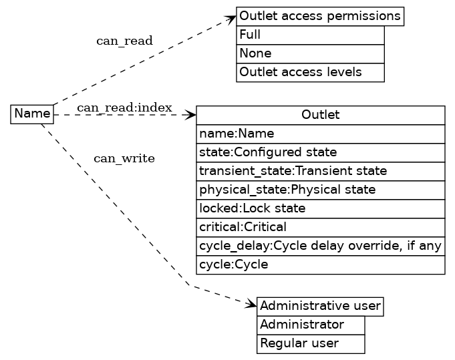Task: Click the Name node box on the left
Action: click(32, 114)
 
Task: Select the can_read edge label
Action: click(124, 41)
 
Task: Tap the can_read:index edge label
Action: click(124, 108)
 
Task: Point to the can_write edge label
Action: click(124, 159)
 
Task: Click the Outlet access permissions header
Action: click(320, 16)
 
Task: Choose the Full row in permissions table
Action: click(310, 35)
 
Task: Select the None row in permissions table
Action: click(310, 53)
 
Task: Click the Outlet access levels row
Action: click(310, 72)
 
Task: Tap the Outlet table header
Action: click(320, 115)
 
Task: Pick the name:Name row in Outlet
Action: click(320, 134)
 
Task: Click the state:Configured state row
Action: click(320, 152)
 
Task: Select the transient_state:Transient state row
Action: click(320, 171)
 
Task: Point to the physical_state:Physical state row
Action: click(320, 190)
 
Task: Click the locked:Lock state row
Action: click(320, 208)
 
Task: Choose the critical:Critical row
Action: click(320, 227)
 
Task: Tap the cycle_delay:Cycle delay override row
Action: click(320, 246)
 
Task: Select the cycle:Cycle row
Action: click(320, 264)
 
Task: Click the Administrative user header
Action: click(320, 307)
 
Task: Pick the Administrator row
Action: click(311, 325)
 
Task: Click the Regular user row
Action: click(311, 344)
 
